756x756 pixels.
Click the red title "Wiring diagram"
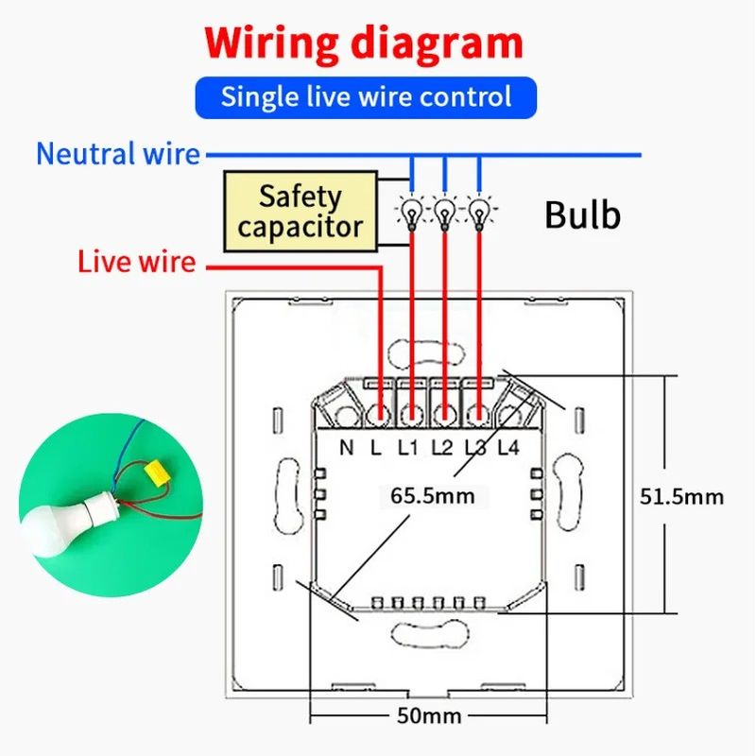[x=364, y=44]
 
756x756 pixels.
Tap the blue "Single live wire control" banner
[x=366, y=96]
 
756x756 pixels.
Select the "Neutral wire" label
[x=118, y=154]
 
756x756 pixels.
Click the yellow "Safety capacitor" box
[x=300, y=212]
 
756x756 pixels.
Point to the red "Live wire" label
[x=137, y=262]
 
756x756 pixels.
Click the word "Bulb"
[x=582, y=215]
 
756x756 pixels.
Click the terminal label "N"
[x=347, y=447]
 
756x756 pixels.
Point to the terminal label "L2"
[x=442, y=447]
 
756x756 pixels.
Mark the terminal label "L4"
[x=508, y=447]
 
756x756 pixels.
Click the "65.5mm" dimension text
[x=433, y=495]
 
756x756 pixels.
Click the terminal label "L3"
[x=475, y=447]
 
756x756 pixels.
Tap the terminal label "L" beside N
[x=375, y=447]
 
